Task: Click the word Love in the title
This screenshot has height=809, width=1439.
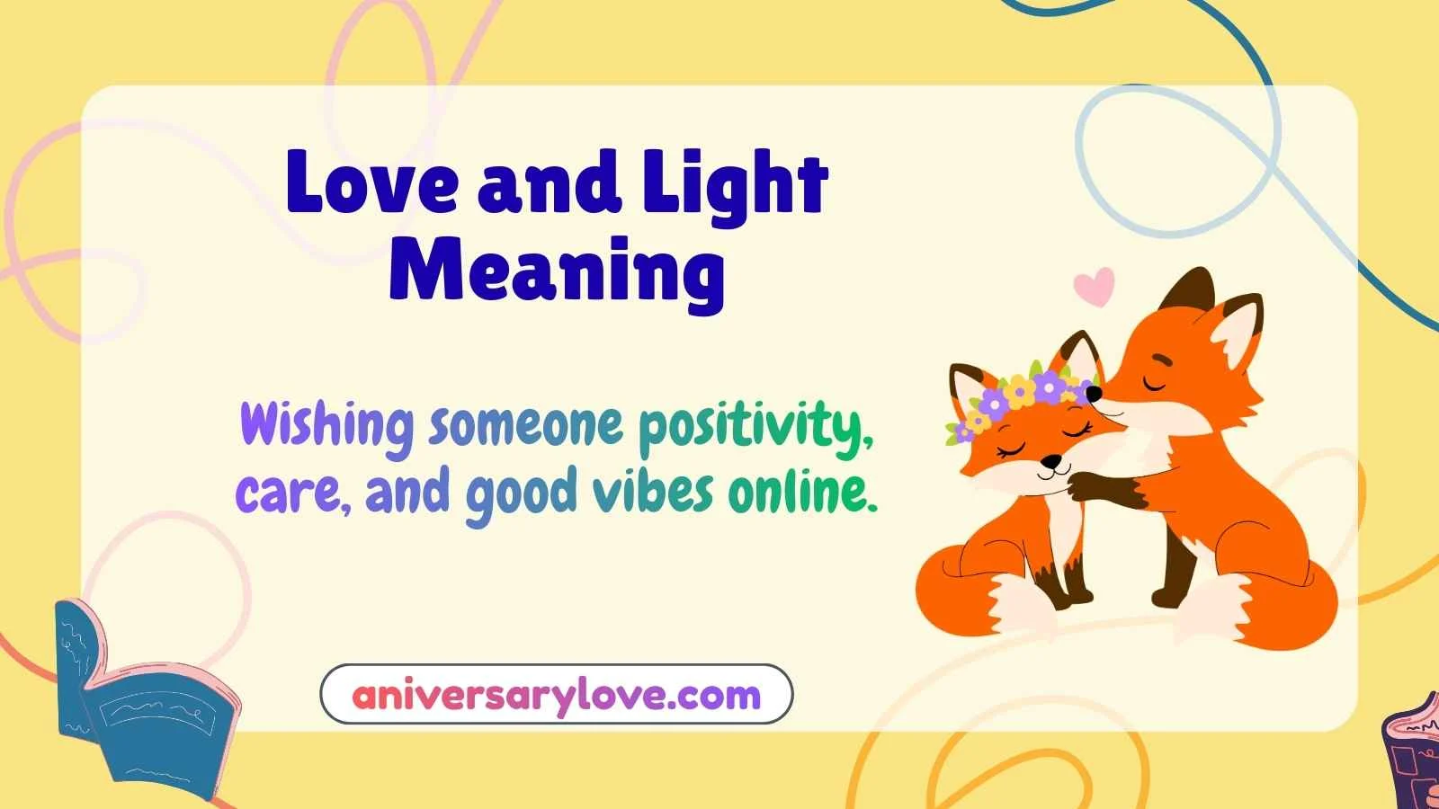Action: click(372, 184)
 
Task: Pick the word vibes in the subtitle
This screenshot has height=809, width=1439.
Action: click(653, 493)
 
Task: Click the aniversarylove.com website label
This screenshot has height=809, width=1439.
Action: click(556, 695)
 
